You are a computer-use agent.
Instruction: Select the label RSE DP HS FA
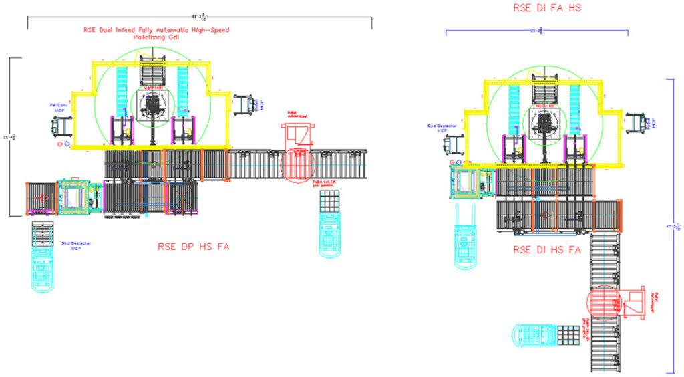[194, 247]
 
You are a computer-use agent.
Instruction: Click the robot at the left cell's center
[152, 107]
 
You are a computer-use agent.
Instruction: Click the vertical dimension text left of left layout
[6, 137]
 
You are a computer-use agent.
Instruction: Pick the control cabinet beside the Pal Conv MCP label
[63, 124]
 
